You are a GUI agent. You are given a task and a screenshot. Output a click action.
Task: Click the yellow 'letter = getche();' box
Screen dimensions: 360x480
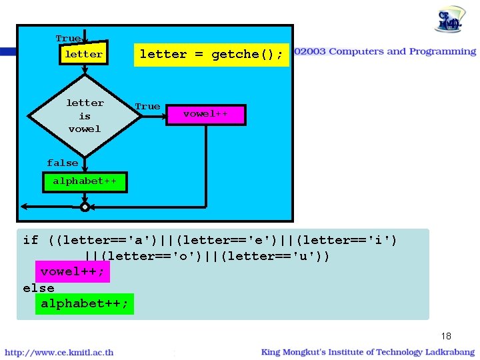pyautogui.click(x=212, y=55)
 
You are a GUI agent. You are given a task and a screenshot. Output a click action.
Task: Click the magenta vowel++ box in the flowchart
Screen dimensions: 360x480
pyautogui.click(x=205, y=114)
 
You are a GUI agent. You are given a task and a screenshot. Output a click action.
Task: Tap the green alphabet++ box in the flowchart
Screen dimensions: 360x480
pyautogui.click(x=85, y=181)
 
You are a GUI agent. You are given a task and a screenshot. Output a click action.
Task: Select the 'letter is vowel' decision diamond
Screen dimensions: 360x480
pyautogui.click(x=85, y=116)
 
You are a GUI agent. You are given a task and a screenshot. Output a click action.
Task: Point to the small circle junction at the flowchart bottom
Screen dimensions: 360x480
pyautogui.click(x=85, y=207)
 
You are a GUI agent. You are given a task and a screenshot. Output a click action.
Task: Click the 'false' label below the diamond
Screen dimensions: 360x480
pyautogui.click(x=63, y=163)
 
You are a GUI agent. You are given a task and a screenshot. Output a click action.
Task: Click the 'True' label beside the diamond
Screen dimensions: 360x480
pyautogui.click(x=147, y=107)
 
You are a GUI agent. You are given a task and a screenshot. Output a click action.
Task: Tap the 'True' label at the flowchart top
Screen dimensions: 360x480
pyautogui.click(x=67, y=39)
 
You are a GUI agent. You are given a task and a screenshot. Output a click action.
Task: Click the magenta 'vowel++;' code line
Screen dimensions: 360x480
pyautogui.click(x=72, y=272)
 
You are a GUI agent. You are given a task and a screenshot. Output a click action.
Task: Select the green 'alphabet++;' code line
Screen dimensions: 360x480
pyautogui.click(x=85, y=304)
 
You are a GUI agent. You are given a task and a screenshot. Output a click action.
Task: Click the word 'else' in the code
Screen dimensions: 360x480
pyautogui.click(x=38, y=288)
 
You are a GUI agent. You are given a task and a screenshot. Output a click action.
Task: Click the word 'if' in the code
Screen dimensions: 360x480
pyautogui.click(x=31, y=240)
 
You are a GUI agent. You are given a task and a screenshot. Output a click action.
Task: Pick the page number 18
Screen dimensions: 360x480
pyautogui.click(x=446, y=336)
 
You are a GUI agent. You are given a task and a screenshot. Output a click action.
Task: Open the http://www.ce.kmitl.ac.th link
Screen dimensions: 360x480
pyautogui.click(x=59, y=352)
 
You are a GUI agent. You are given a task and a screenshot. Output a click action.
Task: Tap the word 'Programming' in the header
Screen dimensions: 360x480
pyautogui.click(x=443, y=51)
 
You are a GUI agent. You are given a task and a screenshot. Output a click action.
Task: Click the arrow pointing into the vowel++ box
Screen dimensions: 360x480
pyautogui.click(x=163, y=115)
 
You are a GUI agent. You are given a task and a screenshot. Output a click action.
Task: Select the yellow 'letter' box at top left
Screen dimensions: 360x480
pyautogui.click(x=84, y=55)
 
